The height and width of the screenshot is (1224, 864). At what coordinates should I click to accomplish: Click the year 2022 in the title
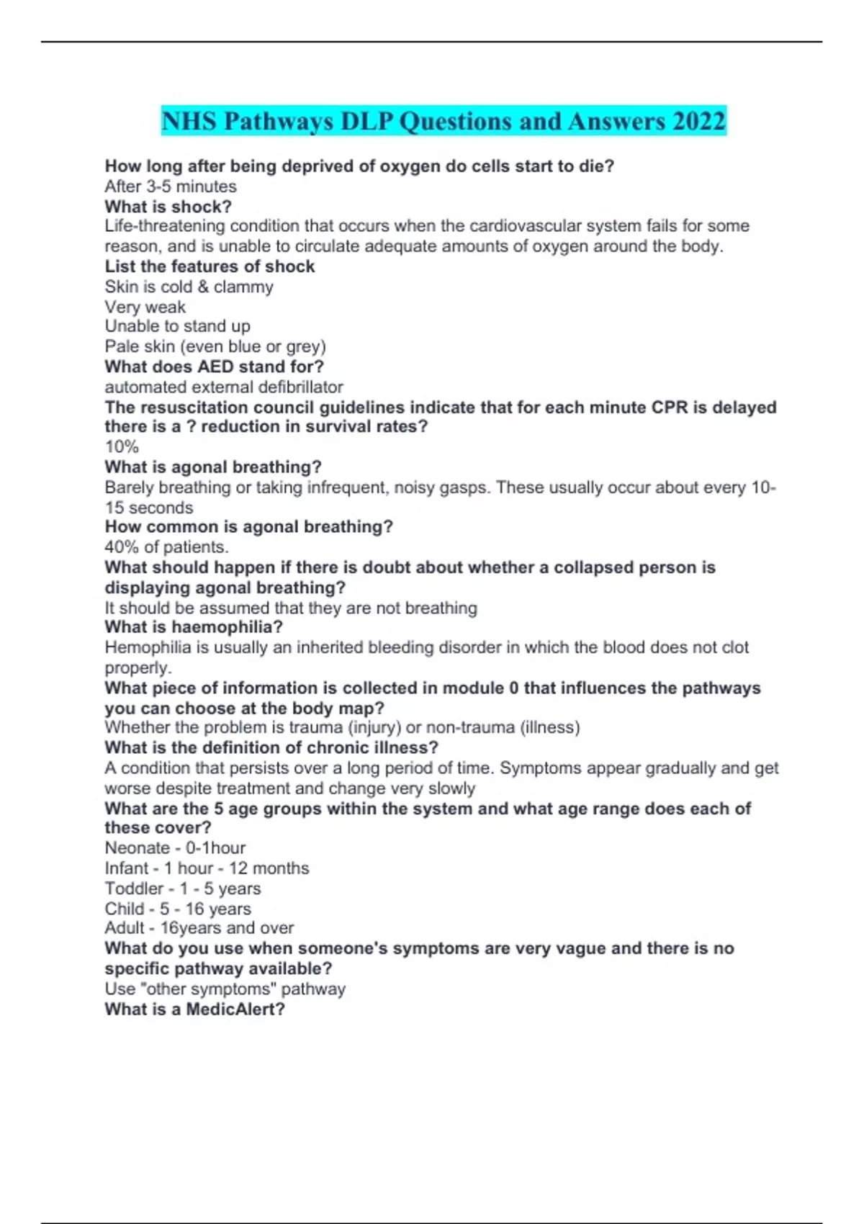click(699, 121)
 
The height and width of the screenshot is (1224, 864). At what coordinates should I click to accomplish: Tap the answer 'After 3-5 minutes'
click(171, 186)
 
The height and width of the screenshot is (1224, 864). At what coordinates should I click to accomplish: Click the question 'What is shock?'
click(168, 207)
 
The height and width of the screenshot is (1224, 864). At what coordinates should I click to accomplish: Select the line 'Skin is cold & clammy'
click(189, 287)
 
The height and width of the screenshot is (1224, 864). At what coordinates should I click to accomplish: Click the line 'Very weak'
click(145, 307)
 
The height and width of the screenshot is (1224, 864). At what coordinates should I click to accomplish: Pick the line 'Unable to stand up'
click(177, 326)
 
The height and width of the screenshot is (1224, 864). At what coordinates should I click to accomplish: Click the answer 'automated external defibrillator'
click(223, 387)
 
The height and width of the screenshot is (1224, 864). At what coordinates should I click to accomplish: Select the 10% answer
click(121, 446)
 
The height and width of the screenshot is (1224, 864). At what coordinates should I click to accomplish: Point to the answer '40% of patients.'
click(166, 546)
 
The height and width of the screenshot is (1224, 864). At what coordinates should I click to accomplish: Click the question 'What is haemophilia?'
click(193, 627)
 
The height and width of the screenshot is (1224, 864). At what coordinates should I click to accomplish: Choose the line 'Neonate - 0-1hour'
click(175, 848)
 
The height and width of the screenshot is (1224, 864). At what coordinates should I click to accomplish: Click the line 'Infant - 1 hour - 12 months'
click(207, 868)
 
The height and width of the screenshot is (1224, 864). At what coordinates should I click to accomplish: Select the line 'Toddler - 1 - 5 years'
click(182, 888)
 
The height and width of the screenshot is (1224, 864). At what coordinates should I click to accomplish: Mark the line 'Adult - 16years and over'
click(199, 928)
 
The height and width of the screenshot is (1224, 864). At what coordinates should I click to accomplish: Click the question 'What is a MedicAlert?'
click(194, 1009)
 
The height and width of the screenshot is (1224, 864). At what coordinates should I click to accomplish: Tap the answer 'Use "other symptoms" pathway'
click(225, 989)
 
